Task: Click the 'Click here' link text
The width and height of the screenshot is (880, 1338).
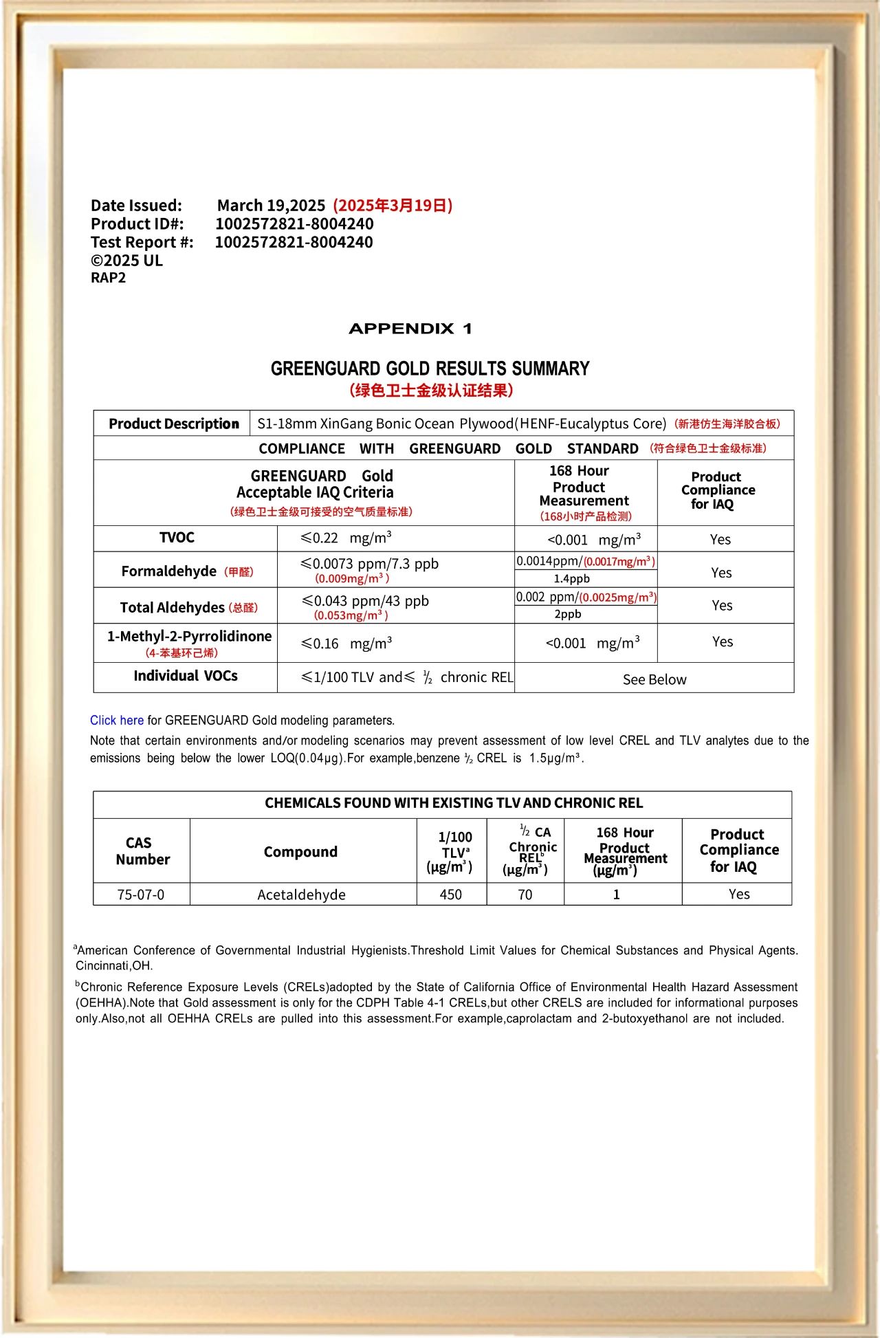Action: pos(116,721)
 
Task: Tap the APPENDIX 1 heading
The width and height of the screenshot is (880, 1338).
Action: pos(410,329)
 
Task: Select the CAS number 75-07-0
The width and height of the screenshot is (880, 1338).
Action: pos(141,895)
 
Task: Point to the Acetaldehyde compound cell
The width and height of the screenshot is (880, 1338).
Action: pos(301,895)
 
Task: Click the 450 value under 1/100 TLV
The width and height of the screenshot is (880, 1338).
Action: pos(451,895)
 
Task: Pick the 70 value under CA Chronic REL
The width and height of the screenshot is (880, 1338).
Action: pos(525,895)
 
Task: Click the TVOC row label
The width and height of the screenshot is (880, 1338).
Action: pos(177,538)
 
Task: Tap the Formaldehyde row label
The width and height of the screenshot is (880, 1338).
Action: pos(169,571)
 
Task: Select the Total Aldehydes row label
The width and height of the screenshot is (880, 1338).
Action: pos(173,607)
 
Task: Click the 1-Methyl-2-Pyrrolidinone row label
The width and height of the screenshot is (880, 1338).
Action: pos(189,637)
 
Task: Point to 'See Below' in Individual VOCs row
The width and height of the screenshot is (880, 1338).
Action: pos(654,679)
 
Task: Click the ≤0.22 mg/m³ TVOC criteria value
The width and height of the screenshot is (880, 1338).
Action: pos(346,538)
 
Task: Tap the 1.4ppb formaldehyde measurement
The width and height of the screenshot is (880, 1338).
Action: pos(572,579)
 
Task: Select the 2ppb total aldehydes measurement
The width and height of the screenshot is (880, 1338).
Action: pos(568,614)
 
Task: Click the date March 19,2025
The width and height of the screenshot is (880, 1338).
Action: pos(271,206)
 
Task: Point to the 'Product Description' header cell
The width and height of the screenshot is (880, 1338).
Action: pos(173,424)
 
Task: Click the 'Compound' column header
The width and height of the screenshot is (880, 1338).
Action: pos(300,852)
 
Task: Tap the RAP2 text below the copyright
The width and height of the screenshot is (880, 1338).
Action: pos(108,278)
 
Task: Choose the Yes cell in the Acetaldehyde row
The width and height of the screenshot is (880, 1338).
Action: pos(739,894)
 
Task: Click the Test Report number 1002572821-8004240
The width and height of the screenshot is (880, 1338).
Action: pos(294,242)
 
